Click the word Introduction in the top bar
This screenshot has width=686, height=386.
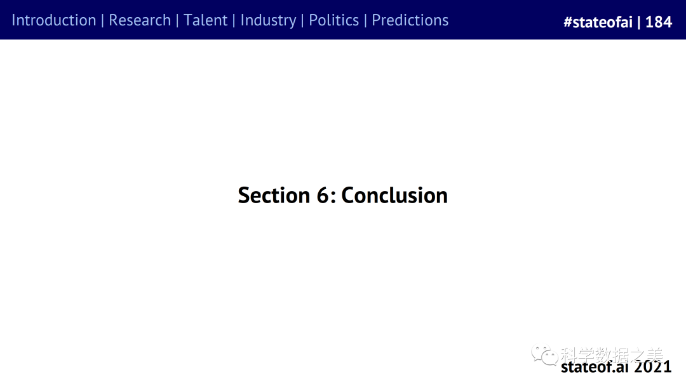click(x=54, y=20)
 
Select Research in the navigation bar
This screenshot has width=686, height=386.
click(x=140, y=20)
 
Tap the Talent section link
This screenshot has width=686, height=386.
click(x=205, y=20)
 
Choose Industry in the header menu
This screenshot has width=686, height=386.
click(x=268, y=21)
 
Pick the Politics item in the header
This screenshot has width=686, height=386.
click(x=334, y=20)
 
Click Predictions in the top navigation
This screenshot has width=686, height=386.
click(x=410, y=20)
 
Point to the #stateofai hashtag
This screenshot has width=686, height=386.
click(x=598, y=22)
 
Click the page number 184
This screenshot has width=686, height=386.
click(x=659, y=22)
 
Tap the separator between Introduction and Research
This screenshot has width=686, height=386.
click(x=102, y=20)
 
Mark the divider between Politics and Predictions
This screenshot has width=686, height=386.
click(x=365, y=20)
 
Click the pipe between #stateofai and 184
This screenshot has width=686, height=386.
click(x=639, y=22)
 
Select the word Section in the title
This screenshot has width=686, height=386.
click(x=274, y=195)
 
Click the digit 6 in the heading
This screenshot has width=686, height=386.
click(x=323, y=195)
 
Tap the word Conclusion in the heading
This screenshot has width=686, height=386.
click(x=394, y=195)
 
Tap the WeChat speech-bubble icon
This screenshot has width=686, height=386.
click(x=544, y=354)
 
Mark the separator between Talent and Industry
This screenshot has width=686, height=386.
click(x=234, y=20)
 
